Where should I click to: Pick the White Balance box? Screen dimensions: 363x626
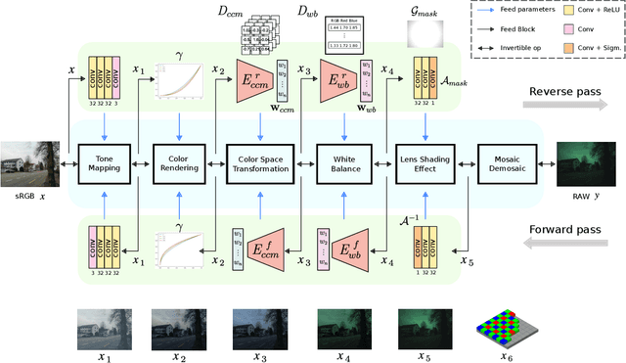345,162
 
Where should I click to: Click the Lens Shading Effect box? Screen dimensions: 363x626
426,162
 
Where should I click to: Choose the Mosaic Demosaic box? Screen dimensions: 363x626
506,162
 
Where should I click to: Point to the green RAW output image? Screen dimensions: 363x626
585,162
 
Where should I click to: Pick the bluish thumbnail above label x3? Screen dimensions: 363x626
258,324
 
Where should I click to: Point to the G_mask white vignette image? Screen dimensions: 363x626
425,31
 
